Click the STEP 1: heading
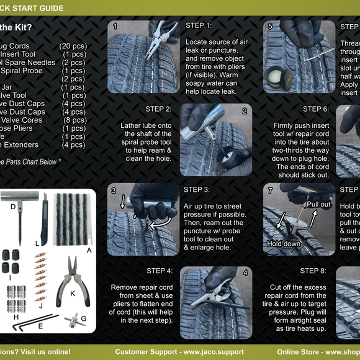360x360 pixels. tap(199, 25)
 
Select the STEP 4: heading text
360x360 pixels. tap(160, 271)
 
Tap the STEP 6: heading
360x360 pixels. tap(316, 109)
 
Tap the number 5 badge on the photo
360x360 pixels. tap(270, 27)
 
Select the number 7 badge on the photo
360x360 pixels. tap(270, 191)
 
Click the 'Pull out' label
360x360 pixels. tap(318, 204)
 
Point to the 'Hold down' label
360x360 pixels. tap(283, 244)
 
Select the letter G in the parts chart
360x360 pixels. tap(83, 318)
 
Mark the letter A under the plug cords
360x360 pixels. tap(88, 250)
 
